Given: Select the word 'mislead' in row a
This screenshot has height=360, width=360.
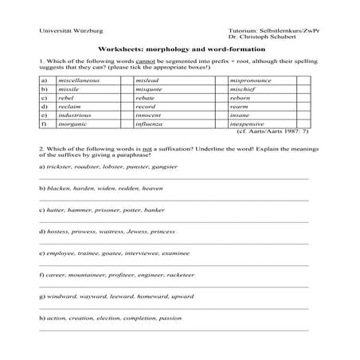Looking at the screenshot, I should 147,81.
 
